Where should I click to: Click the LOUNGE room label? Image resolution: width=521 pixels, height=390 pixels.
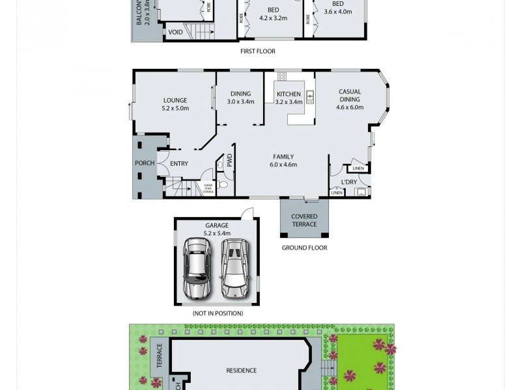click(x=175, y=104)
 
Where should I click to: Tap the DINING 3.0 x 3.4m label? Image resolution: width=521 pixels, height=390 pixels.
click(x=240, y=97)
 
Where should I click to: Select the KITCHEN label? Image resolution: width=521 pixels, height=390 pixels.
click(x=289, y=98)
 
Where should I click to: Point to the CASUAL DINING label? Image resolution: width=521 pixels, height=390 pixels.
click(x=350, y=96)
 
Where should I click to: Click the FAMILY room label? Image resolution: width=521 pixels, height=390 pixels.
click(x=283, y=161)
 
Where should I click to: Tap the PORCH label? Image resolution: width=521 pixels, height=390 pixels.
click(x=145, y=163)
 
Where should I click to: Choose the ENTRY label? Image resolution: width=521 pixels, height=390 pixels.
click(x=179, y=164)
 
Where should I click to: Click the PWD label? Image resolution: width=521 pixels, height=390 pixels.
click(x=229, y=160)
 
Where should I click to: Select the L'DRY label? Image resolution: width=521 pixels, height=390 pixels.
click(x=349, y=182)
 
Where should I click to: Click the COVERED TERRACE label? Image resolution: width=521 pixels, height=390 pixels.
click(x=304, y=220)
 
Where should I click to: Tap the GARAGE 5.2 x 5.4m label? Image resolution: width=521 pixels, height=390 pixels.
click(x=217, y=229)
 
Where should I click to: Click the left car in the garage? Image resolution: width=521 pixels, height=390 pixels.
click(x=197, y=267)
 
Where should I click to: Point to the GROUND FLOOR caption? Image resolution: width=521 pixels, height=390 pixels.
click(x=304, y=248)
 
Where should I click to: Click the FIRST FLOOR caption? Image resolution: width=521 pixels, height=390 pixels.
click(x=258, y=51)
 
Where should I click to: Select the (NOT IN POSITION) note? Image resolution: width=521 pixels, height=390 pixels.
click(x=218, y=313)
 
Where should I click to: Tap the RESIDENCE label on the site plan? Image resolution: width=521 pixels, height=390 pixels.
click(x=241, y=370)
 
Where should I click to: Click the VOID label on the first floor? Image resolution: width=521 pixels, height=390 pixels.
click(x=175, y=32)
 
